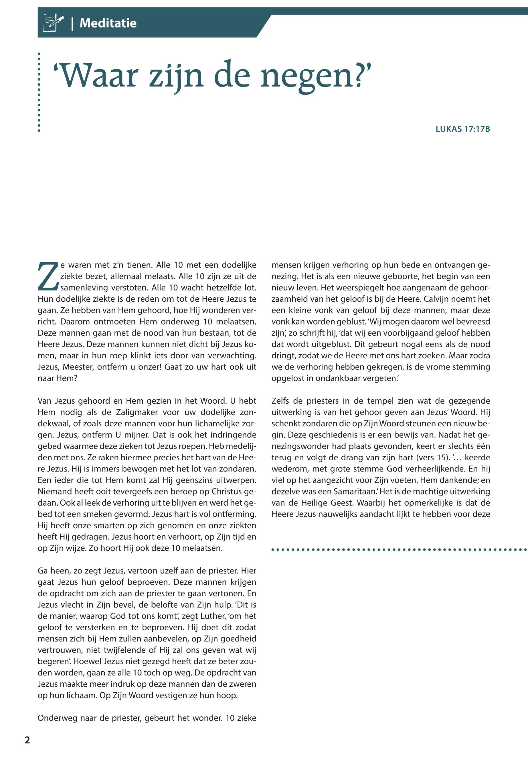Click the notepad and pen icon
click(53, 23)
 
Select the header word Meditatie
click(108, 23)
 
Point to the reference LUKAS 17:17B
click(462, 129)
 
